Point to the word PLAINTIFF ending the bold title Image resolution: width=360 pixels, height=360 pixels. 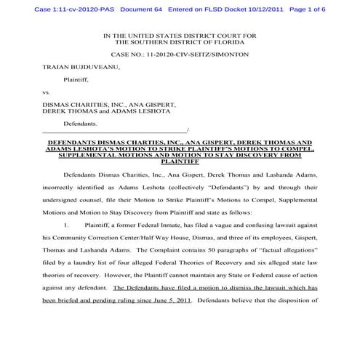tap(179, 162)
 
